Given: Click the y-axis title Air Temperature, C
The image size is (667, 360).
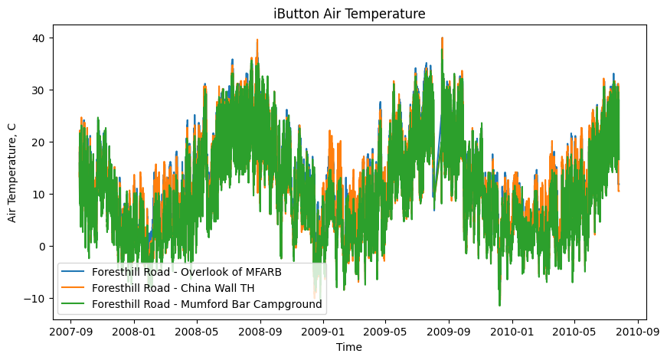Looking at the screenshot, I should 12,172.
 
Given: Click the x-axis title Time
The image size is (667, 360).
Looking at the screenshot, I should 349,347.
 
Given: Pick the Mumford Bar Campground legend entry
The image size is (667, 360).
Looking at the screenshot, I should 208,304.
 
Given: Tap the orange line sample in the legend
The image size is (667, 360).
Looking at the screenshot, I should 74,288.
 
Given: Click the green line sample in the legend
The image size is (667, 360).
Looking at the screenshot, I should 74,304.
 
